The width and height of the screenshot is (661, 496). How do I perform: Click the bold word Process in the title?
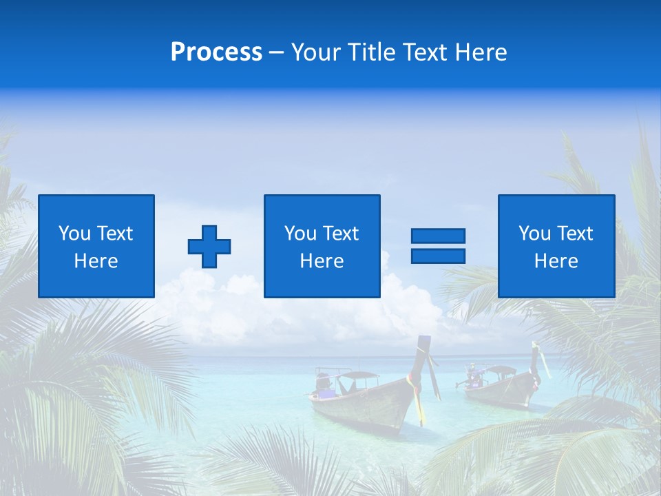coord(216,52)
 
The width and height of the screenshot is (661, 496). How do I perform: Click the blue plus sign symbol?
coord(209,247)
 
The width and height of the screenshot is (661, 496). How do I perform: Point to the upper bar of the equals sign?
coord(438,236)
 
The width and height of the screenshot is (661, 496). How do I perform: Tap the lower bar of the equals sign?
coord(438,256)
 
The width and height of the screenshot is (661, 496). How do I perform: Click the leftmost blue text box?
coord(96,246)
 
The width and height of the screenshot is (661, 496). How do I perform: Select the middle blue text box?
coord(322,246)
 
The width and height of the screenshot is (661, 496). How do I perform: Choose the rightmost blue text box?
coord(556,246)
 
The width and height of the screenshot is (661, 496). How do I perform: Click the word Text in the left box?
coord(115,234)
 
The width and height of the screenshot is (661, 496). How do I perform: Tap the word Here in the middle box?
coord(322,261)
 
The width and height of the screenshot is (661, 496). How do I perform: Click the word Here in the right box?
coord(556,261)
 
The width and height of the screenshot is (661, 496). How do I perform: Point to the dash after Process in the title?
coord(277,53)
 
